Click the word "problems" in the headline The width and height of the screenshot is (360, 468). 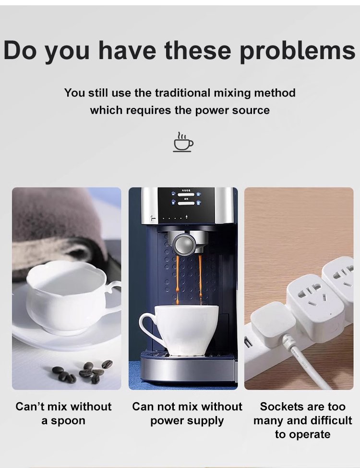point(298,51)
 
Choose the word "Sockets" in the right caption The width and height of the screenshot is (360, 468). point(279,407)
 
